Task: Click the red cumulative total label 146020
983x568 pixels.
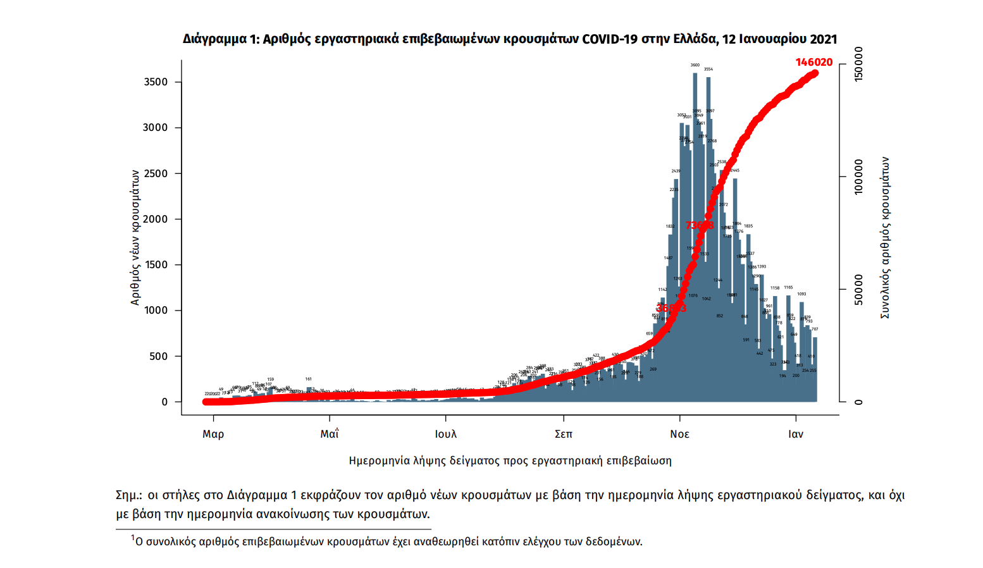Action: coord(813,62)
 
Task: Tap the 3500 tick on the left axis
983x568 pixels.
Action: coord(156,82)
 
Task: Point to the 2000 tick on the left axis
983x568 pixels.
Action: coord(156,219)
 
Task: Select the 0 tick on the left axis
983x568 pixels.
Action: coord(164,402)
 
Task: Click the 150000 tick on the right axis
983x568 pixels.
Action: coord(858,64)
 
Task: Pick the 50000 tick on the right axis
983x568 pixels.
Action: coord(858,290)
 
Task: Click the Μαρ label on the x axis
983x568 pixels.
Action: coord(213,434)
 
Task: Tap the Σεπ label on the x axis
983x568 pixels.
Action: coord(563,434)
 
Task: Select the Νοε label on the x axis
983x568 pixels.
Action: coord(679,434)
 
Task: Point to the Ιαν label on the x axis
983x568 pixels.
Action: coord(796,434)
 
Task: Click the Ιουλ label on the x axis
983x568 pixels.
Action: coord(446,434)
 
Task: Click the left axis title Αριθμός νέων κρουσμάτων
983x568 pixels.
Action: coord(135,238)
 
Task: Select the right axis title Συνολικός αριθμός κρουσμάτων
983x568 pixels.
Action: coord(885,238)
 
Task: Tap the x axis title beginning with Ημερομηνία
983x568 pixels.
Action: coord(510,460)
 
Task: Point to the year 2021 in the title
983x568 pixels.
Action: coord(823,39)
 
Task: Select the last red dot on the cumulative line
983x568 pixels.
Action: coord(815,73)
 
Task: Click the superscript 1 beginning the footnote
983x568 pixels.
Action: coord(133,538)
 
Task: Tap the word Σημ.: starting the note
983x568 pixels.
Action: coord(128,495)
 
